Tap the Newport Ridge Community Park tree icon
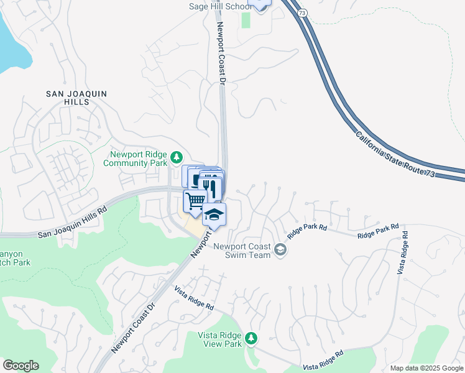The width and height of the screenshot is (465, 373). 177,156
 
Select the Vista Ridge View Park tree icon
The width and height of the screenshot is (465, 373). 251,338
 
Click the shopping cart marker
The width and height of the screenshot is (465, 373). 195,201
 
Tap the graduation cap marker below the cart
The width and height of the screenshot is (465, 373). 214,215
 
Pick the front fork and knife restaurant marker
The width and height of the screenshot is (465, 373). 212,186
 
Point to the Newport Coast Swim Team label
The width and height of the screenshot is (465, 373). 242,250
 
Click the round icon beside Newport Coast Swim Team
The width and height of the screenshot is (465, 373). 280,250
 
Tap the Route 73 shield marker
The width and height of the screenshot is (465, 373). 302,14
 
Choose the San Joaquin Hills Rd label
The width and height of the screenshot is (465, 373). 72,223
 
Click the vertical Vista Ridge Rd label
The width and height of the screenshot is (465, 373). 404,253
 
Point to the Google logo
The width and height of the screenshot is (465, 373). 21,366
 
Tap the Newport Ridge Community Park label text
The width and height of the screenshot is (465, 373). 139,159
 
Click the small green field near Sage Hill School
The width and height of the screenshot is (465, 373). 246,19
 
